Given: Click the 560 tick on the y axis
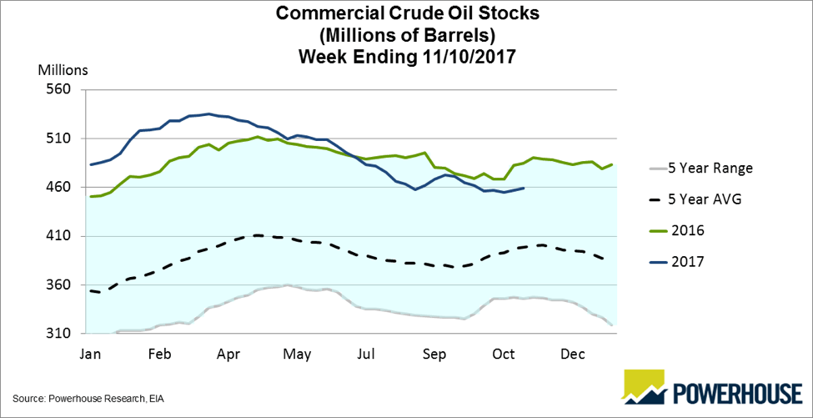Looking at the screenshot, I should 63,89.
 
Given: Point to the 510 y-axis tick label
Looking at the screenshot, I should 63,138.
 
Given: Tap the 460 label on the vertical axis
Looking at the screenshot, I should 63,187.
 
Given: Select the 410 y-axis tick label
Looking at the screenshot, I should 63,236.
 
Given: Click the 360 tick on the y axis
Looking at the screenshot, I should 63,285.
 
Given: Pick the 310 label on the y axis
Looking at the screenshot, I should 63,334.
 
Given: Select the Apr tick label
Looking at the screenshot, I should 228,354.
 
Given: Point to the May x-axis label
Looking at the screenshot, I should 297,354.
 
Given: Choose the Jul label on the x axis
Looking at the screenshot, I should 365,354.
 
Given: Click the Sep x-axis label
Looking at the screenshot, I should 434,354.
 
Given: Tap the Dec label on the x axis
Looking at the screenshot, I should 571,354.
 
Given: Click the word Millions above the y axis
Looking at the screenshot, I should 63,69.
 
